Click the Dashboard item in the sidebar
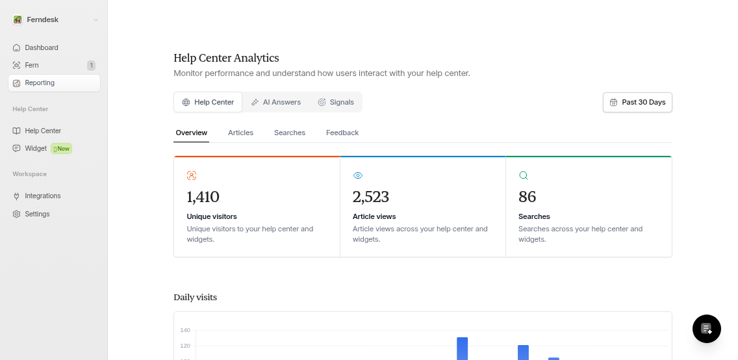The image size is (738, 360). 41,47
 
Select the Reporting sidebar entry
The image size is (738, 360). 40,83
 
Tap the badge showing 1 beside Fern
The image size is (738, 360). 91,66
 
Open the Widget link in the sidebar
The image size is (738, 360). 36,148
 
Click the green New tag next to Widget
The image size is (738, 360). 62,149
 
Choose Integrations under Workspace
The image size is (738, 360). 42,196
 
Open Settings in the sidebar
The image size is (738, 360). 37,214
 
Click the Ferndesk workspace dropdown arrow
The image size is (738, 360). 95,20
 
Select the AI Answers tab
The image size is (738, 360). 276,102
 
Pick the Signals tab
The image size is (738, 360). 336,102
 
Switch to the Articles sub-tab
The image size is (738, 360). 240,133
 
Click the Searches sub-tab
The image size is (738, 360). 290,133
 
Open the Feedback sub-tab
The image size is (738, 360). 342,133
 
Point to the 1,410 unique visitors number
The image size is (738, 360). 203,197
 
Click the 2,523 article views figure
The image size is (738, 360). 370,197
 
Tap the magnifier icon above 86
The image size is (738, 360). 524,175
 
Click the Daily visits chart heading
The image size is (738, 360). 195,297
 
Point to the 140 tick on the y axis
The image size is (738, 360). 185,330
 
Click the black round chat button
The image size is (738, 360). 707,329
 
